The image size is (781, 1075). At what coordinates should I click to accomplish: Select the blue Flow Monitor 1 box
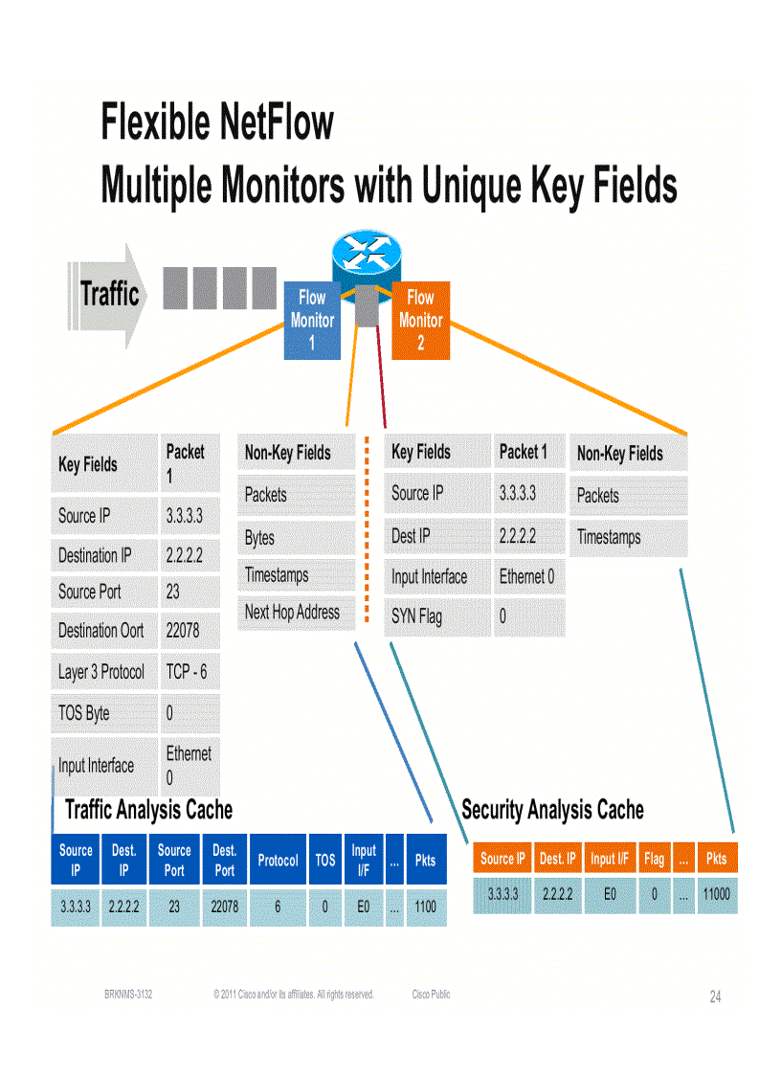pos(312,320)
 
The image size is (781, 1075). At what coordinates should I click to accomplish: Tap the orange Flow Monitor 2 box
pos(421,320)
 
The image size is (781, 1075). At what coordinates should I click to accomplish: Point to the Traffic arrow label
pos(109,294)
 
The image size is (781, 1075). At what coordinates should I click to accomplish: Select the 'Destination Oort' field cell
pos(102,631)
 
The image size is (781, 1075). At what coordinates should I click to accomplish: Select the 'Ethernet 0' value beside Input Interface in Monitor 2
pos(527,577)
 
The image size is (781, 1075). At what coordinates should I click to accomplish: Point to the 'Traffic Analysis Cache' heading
pos(148,810)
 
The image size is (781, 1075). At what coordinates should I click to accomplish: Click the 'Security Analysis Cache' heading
pos(552,810)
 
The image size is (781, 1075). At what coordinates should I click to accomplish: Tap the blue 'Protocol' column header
pos(278,861)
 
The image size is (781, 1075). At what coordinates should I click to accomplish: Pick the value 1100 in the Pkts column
pos(425,906)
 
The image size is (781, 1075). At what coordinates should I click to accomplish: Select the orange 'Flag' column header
pos(654,859)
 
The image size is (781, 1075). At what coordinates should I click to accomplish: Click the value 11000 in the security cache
pos(717,894)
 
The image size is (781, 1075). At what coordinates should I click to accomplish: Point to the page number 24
pos(715,997)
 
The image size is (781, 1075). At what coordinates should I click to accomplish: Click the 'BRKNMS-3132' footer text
pos(128,995)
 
